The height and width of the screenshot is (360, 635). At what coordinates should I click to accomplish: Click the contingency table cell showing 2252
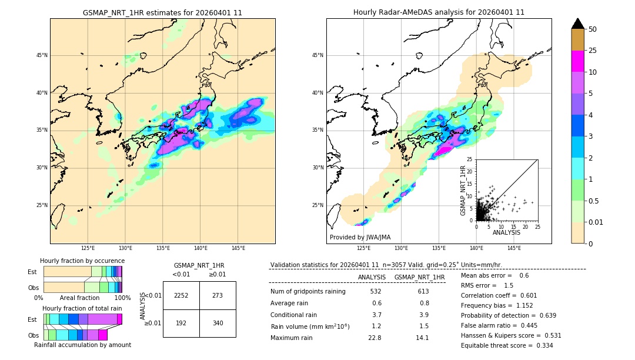[x=181, y=295]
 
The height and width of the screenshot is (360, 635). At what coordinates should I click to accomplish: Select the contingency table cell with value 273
[x=218, y=295]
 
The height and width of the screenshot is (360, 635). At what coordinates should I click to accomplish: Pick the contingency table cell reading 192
[x=181, y=323]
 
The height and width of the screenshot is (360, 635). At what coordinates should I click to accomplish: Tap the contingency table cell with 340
[x=218, y=323]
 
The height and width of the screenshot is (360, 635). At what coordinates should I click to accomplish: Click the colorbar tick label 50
[x=593, y=29]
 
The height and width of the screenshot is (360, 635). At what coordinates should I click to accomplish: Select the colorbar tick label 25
[x=593, y=51]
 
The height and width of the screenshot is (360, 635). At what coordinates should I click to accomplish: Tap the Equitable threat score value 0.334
[x=542, y=345]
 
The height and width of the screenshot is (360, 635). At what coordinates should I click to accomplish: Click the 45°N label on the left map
[x=42, y=55]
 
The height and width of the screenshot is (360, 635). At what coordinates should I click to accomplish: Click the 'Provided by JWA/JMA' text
[x=360, y=237]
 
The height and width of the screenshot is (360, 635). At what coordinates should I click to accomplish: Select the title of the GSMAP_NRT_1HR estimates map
[x=162, y=12]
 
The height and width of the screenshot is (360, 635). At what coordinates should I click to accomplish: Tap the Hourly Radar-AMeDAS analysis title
[x=439, y=12]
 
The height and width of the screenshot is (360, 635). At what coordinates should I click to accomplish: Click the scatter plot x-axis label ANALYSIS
[x=506, y=232]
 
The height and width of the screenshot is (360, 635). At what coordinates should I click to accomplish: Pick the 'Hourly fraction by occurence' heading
[x=82, y=261]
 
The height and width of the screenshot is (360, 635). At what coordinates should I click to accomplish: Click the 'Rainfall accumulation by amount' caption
[x=82, y=345]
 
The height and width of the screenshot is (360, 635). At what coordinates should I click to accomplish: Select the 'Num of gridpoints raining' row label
[x=308, y=292]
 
